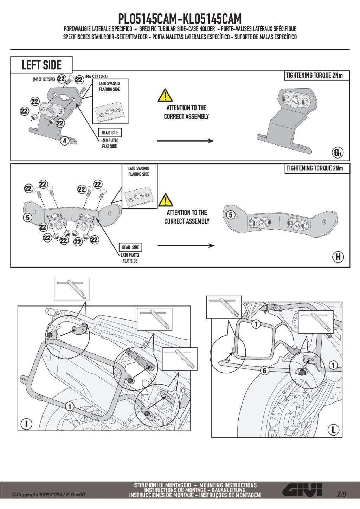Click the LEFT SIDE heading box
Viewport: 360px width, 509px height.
click(x=41, y=65)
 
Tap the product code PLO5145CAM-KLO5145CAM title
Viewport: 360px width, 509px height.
click(x=180, y=18)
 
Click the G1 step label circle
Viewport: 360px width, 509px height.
click(x=337, y=153)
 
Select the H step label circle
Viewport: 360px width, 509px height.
click(x=338, y=257)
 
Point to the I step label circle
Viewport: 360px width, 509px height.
click(x=26, y=424)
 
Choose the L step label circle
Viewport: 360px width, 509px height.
click(x=333, y=429)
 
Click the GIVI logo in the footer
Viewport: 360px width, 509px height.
click(x=303, y=490)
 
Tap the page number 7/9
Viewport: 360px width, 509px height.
click(x=341, y=494)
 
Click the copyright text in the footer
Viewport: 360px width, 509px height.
click(x=49, y=495)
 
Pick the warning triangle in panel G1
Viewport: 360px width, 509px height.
click(x=165, y=95)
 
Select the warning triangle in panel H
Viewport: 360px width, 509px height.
click(x=165, y=200)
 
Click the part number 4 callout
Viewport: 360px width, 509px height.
click(x=64, y=141)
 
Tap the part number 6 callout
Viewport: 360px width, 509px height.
click(x=265, y=371)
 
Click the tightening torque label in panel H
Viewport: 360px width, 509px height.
click(x=314, y=168)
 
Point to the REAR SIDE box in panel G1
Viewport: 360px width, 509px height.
click(x=110, y=133)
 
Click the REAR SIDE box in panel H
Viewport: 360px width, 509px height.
click(x=131, y=247)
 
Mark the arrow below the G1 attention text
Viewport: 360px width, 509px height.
click(x=185, y=141)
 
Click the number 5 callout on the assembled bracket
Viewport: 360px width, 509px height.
click(x=231, y=215)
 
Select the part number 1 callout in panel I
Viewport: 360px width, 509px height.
click(x=70, y=406)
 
